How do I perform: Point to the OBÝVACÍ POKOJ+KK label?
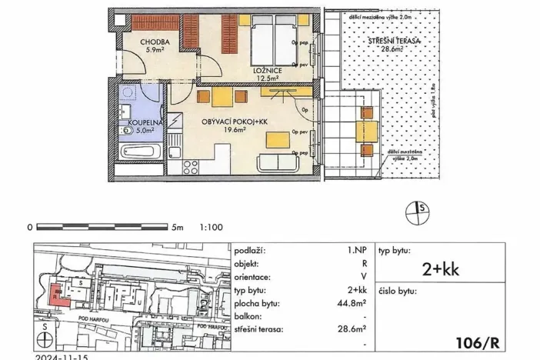(233, 122)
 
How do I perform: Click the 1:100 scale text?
(211, 228)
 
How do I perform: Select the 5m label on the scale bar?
(178, 228)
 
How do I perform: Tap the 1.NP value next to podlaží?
(356, 251)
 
